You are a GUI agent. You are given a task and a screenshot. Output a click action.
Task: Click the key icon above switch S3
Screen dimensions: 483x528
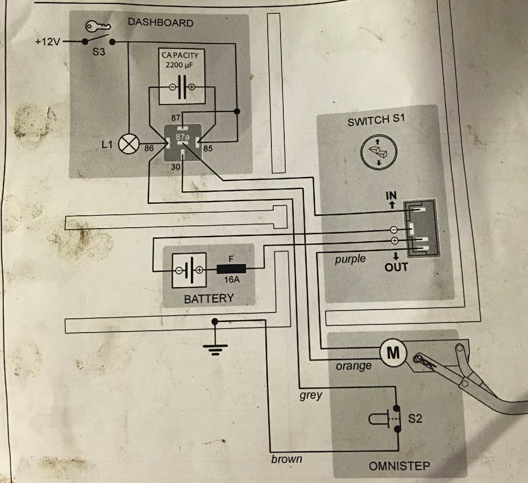(98, 28)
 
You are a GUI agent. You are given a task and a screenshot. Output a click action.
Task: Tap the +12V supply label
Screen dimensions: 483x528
(47, 42)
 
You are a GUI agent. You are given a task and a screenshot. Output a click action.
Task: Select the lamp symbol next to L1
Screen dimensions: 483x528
(128, 145)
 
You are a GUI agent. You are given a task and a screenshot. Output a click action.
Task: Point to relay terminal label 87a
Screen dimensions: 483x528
(182, 137)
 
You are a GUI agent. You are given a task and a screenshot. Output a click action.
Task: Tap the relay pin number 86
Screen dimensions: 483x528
(148, 149)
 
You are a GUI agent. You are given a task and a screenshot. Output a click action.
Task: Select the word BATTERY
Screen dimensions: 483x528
(209, 299)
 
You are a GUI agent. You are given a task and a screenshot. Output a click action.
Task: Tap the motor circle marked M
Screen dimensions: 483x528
(393, 353)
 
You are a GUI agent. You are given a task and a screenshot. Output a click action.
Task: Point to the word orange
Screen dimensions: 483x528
(353, 366)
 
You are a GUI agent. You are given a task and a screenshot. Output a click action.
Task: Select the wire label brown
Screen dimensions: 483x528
(287, 459)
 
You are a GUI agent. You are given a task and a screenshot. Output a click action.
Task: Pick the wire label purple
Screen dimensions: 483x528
(350, 259)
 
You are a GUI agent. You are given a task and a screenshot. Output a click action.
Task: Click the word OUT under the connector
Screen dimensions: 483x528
(396, 267)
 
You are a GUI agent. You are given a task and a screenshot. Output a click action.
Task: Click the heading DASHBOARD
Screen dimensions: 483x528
(161, 23)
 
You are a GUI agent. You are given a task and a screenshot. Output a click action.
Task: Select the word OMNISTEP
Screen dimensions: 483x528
(399, 466)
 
